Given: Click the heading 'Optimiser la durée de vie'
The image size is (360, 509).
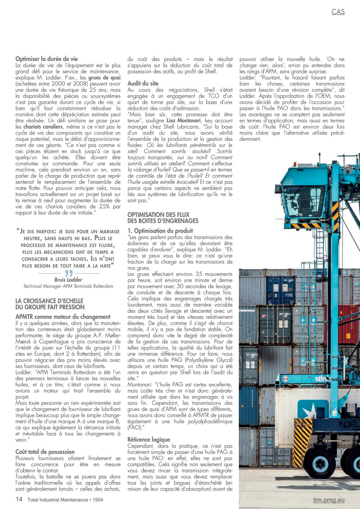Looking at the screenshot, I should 47,59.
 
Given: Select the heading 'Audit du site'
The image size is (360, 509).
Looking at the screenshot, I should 143,83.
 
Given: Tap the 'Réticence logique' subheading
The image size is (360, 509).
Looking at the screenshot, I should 149,440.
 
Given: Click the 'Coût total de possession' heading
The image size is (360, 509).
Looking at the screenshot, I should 45,452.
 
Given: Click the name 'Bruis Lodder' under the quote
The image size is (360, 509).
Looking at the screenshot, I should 68,280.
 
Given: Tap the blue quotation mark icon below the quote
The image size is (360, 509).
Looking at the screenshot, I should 69,273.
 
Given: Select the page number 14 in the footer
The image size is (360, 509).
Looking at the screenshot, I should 19,499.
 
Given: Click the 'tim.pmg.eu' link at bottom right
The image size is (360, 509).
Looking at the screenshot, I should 329,500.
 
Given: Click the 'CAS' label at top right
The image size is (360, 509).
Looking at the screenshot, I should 338,12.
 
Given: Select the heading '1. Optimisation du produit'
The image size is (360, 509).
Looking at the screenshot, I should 160,231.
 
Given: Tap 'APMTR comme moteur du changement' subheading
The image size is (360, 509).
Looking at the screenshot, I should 63,317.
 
